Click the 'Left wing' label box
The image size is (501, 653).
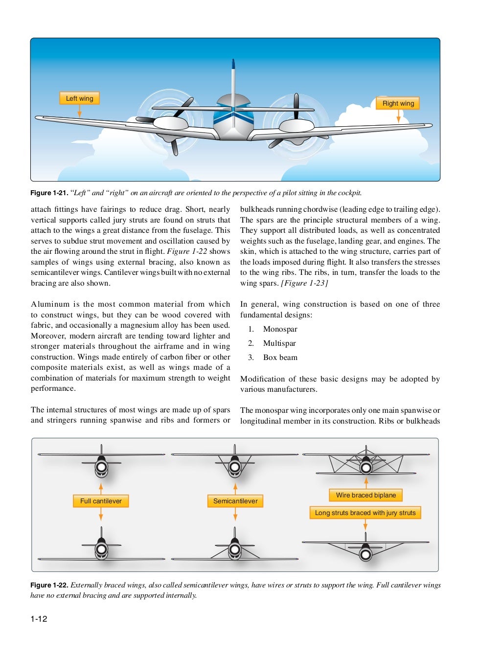click(x=79, y=98)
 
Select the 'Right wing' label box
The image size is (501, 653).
click(x=398, y=103)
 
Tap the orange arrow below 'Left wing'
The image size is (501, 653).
click(x=79, y=111)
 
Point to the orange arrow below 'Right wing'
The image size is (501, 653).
click(x=398, y=116)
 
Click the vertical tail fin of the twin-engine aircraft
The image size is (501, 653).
click(x=233, y=83)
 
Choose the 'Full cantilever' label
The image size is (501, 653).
click(x=101, y=501)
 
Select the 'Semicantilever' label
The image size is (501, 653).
click(x=235, y=501)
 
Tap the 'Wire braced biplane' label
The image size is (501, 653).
click(x=366, y=495)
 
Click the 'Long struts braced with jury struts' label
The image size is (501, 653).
click(x=365, y=513)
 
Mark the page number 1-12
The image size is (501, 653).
click(x=39, y=619)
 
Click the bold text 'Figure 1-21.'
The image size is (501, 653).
click(x=49, y=193)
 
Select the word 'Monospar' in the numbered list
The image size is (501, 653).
click(x=280, y=329)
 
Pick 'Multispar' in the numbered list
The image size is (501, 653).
click(x=279, y=343)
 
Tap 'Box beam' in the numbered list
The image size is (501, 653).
click(x=280, y=358)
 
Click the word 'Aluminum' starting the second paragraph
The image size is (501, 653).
click(x=50, y=304)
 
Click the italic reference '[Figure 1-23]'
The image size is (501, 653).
click(x=304, y=283)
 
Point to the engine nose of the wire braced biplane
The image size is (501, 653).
click(x=366, y=468)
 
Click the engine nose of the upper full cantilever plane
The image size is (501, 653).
click(x=101, y=467)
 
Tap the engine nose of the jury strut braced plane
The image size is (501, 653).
click(x=365, y=554)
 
